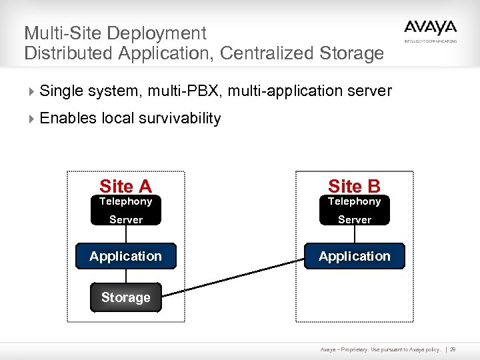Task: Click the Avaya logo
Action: (x=430, y=29)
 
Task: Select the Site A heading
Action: (x=125, y=187)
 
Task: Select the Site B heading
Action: (x=354, y=187)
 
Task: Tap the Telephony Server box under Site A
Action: (x=125, y=211)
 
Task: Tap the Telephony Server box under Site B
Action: (x=354, y=211)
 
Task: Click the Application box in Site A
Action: (x=125, y=256)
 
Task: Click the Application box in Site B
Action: (x=354, y=256)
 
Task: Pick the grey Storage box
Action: (x=125, y=297)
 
